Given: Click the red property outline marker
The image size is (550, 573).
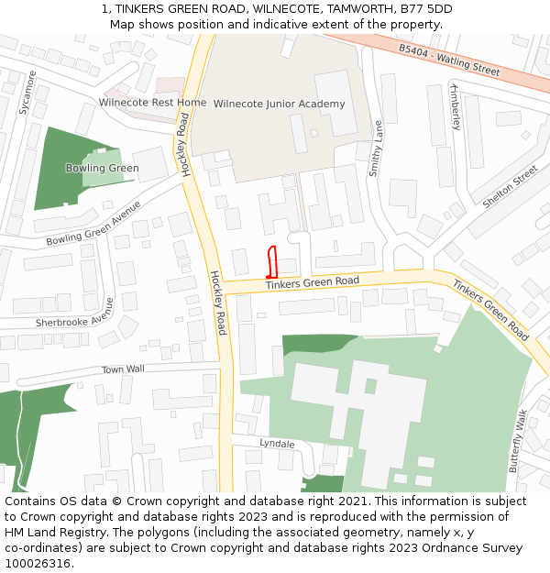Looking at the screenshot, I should [x=271, y=262].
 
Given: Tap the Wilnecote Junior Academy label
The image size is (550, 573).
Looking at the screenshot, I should [x=279, y=105].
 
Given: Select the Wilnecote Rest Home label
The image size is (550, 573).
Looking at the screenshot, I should [x=152, y=103].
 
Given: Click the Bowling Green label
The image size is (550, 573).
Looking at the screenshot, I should [x=102, y=169].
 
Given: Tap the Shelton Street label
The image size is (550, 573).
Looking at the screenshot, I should [x=510, y=187].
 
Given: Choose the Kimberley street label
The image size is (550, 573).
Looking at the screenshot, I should [x=455, y=106].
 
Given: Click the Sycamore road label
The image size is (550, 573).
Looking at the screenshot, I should [x=27, y=93].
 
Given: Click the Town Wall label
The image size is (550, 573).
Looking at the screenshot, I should [x=124, y=369].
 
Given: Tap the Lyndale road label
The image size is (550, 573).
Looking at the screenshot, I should [x=277, y=444].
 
